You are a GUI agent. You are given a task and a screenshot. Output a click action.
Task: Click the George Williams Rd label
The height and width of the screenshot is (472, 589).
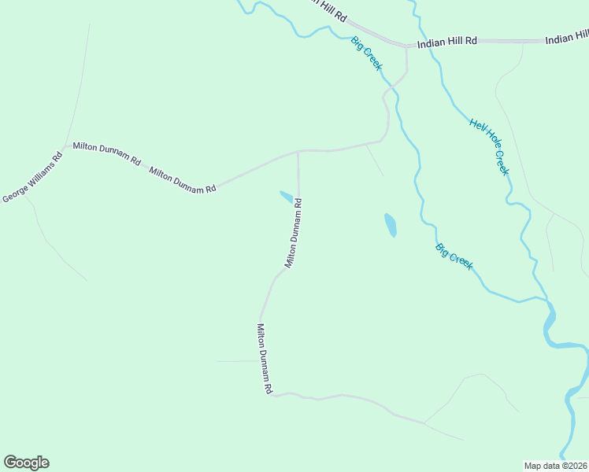[32, 177]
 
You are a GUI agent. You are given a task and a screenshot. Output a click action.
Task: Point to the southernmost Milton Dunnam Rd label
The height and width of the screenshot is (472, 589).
[264, 359]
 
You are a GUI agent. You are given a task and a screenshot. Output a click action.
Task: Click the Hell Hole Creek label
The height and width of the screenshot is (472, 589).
[490, 146]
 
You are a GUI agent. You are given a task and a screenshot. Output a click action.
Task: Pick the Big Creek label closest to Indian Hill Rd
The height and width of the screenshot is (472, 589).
[366, 53]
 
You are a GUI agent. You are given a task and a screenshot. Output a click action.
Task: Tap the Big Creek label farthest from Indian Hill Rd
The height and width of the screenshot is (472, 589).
[454, 256]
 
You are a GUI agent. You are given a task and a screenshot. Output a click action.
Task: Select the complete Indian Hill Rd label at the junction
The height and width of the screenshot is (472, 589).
[447, 41]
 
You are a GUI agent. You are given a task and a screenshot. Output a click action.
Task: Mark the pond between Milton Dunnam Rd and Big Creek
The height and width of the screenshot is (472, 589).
[391, 225]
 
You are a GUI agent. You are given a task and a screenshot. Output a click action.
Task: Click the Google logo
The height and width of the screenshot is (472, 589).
[26, 463]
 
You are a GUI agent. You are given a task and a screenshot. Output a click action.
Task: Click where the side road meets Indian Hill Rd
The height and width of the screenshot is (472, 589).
[406, 46]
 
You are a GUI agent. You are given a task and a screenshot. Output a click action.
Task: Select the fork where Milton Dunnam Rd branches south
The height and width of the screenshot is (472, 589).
[298, 150]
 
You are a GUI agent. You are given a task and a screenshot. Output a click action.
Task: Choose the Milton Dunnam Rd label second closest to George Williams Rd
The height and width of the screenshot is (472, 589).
[183, 179]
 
